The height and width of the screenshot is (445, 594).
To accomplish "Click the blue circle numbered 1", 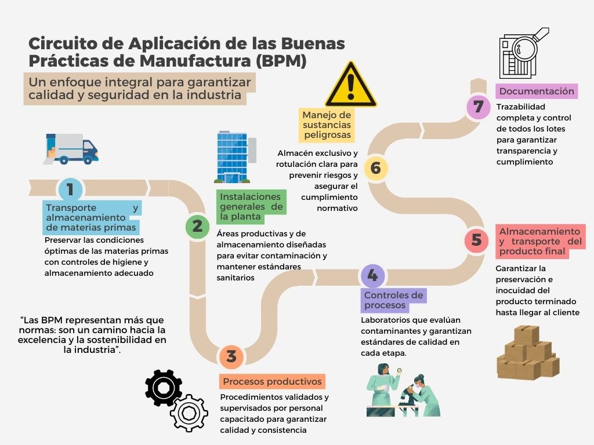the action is coord(70,189).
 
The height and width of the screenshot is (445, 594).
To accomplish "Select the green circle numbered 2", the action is coord(197,227).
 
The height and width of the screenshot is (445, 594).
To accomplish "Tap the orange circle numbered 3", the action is coord(231,356).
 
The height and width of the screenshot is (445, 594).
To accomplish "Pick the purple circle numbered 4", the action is coord(373,275).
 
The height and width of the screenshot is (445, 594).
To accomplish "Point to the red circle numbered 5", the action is coord(477,239).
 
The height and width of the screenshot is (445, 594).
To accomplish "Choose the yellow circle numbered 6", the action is coord(376,168).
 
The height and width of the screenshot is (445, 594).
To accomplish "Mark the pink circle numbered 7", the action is coord(479,107).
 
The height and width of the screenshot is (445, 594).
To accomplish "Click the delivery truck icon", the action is coord(71,149).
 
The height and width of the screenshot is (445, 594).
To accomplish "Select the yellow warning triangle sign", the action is coord(351,85).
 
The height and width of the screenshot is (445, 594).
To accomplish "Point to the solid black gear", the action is coord(163,388).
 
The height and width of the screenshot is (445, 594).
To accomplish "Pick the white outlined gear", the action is coord(189,413).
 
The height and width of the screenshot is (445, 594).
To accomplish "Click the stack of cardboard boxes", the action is coord(528,352).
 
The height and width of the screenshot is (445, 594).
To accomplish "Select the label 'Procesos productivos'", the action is coord(272,381).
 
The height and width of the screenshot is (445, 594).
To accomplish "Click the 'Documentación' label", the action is coord(537,91).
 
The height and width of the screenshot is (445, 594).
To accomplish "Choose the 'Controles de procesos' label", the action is coord(394,300).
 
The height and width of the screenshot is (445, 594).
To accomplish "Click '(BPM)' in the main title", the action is coord(281,61).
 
